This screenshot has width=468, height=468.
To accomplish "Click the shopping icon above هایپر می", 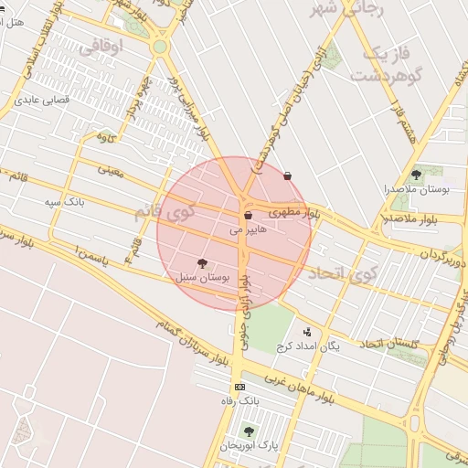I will [x=248, y=216].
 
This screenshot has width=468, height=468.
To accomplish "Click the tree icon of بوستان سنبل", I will [x=202, y=263].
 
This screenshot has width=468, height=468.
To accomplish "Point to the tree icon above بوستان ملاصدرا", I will [x=416, y=174].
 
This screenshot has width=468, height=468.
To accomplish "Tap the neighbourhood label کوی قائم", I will [x=165, y=212].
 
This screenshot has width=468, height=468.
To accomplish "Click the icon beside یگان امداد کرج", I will [x=306, y=332].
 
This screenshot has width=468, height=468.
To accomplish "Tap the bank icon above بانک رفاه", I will [x=239, y=388].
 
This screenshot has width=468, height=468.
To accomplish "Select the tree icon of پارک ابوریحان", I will [x=248, y=431].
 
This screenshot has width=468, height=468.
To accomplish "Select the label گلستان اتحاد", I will [x=388, y=343].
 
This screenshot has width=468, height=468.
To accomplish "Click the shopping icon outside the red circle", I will [x=288, y=175].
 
